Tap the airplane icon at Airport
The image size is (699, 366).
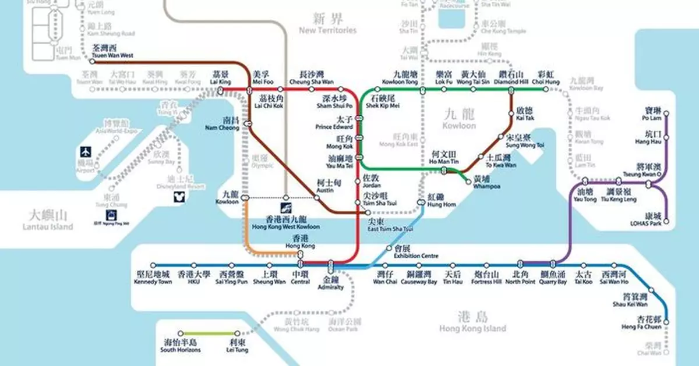pos(86,152)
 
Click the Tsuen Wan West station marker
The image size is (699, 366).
pos(92,61)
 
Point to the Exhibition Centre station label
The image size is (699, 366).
pos(416,251)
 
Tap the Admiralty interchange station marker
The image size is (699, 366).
pos(331,265)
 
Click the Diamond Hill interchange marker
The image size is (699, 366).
pos(511,90)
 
